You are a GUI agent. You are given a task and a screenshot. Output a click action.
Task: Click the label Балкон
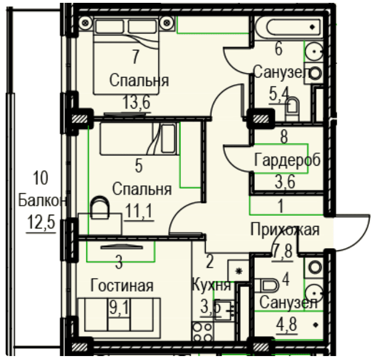[42, 201]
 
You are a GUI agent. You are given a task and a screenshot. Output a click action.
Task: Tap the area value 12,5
[41, 222]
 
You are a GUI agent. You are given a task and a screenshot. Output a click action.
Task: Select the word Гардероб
[287, 159]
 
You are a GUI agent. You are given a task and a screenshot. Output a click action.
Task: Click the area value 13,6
[137, 102]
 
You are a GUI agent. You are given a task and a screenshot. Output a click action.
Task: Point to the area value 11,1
[139, 211]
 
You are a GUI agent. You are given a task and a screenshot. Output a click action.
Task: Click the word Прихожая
[285, 230]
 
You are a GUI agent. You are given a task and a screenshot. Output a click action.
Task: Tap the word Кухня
[211, 285]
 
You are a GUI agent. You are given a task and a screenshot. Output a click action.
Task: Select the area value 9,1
[119, 307]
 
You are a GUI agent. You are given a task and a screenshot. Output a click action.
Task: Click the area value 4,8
[286, 324]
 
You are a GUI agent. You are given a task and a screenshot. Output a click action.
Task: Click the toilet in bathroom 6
[293, 109]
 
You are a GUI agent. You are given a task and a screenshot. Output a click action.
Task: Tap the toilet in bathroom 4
[267, 285]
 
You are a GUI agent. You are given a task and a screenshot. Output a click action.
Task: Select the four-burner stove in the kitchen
[202, 332]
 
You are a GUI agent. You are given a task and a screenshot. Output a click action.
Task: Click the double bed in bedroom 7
[126, 55]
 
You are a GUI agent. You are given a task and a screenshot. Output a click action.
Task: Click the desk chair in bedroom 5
[100, 207]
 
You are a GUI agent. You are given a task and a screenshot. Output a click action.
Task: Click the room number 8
[284, 137]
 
